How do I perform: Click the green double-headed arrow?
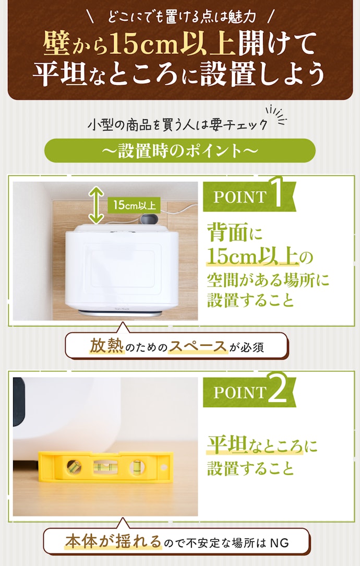pos(97,205)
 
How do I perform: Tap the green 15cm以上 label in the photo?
pos(134,205)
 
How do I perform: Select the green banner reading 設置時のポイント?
pos(179,150)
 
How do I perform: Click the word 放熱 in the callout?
pos(106,346)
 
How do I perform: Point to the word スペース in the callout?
pos(198,346)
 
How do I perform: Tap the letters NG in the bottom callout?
pos(279,543)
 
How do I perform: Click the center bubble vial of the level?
pos(105,467)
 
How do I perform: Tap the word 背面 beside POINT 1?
pos(228,233)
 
